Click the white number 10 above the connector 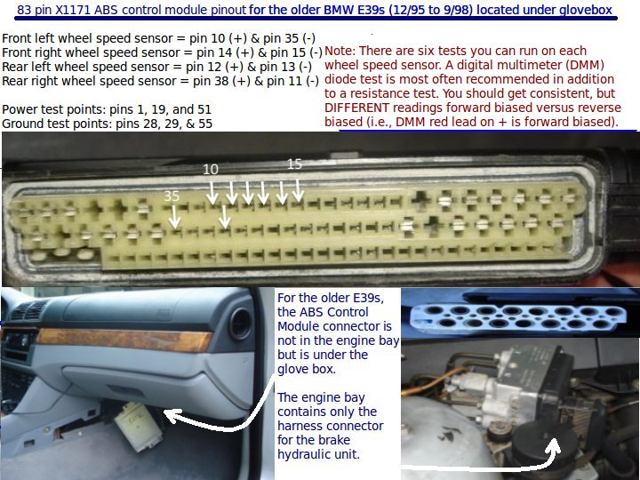[211, 169]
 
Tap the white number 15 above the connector [294, 164]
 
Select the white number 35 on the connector [172, 196]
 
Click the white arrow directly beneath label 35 [175, 217]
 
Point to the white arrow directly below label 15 [298, 190]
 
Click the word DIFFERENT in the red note [356, 108]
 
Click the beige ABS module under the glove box [137, 425]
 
